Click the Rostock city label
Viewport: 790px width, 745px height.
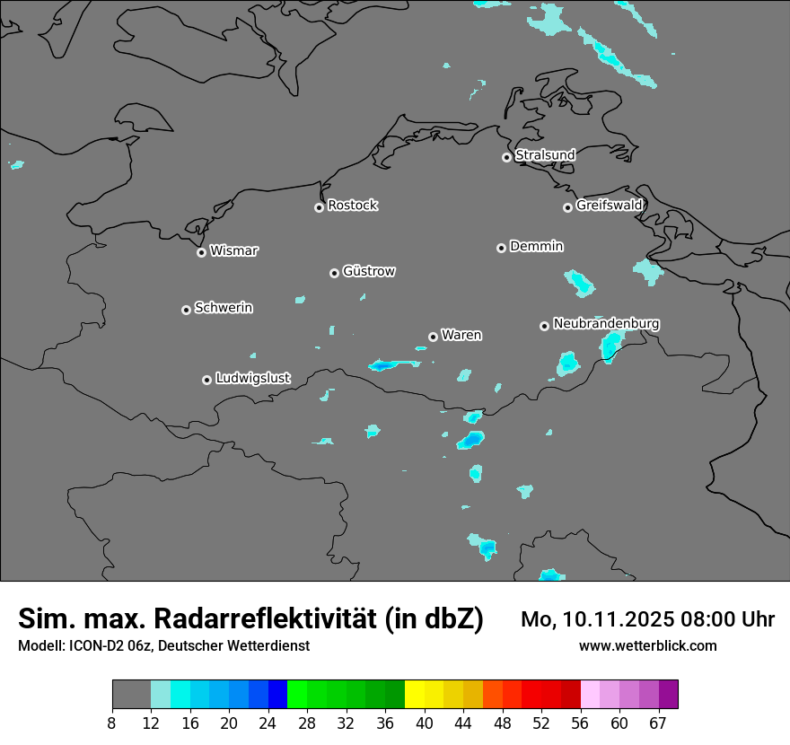[x=352, y=206]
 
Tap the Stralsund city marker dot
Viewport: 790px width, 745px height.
[x=506, y=157]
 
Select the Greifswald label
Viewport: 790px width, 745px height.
[x=609, y=206]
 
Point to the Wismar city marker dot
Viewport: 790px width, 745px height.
[x=201, y=252]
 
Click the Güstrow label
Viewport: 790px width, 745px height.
[x=369, y=271]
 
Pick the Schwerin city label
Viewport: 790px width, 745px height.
[x=224, y=308]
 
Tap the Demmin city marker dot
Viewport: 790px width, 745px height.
[x=501, y=248]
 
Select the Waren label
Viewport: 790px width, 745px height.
[x=461, y=335]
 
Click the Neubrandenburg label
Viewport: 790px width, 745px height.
[x=606, y=323]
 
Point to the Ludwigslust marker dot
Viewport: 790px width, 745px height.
[x=206, y=380]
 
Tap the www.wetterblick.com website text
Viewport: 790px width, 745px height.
[x=647, y=646]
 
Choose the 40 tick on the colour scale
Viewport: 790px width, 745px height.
[x=424, y=723]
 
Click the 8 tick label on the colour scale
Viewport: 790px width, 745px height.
[x=112, y=723]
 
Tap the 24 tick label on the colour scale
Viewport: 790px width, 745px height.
[x=268, y=723]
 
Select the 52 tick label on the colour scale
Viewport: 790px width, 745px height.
[x=540, y=723]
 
